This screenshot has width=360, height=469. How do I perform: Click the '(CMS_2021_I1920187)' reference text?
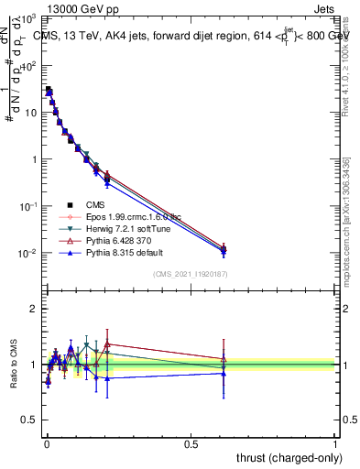190,274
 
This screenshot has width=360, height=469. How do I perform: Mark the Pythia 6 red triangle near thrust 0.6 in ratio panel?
223,359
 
